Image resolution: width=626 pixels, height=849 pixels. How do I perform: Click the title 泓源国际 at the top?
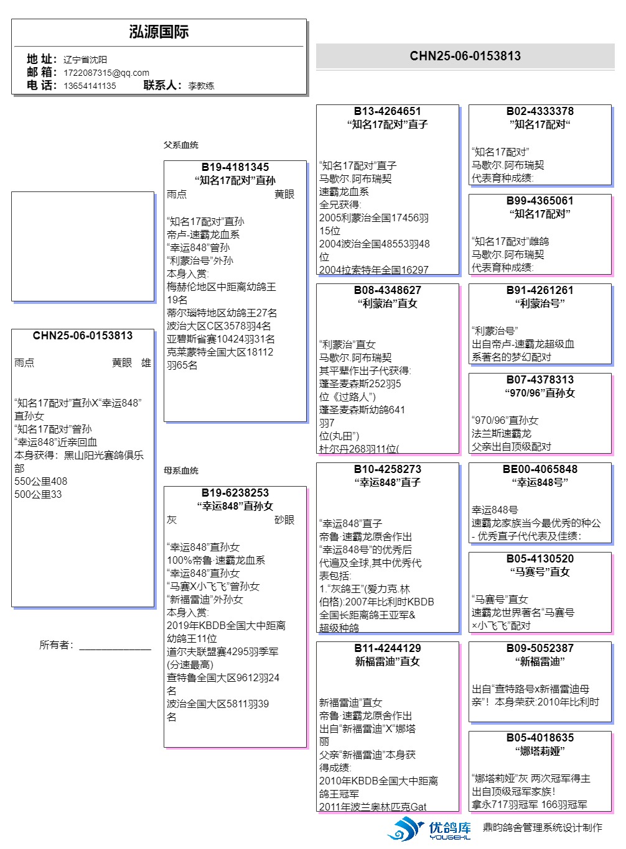tap(159, 32)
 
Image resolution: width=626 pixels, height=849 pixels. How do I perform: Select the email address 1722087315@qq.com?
tap(106, 73)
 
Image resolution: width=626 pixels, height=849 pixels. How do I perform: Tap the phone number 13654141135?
tap(90, 86)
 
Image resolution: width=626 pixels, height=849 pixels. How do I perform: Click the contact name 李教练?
tap(201, 86)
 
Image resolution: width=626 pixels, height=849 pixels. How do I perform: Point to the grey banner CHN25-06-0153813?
tap(465, 56)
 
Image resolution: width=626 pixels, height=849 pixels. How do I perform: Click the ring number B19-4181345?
tap(235, 167)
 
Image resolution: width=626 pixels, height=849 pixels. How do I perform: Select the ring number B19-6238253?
tap(235, 493)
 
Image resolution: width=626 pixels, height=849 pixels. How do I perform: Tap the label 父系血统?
tap(181, 145)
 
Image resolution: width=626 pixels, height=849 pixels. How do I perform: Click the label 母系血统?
tap(181, 470)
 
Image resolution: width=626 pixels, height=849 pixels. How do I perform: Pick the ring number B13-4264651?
tap(388, 111)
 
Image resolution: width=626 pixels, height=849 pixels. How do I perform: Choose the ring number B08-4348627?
tap(388, 290)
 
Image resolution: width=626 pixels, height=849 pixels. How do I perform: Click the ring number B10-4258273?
tap(388, 469)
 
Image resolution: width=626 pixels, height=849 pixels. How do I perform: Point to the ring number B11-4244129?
tap(388, 648)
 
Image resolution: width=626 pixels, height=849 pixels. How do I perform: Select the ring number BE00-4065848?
tap(540, 469)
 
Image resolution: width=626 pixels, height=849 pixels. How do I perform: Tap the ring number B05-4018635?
tap(540, 738)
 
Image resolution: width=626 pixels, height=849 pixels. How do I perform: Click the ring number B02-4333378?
tap(540, 111)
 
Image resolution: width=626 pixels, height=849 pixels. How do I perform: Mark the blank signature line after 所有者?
tap(115, 646)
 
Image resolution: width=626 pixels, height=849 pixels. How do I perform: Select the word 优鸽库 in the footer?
tap(450, 827)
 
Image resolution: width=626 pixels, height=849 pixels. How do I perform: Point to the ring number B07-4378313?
tap(540, 380)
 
